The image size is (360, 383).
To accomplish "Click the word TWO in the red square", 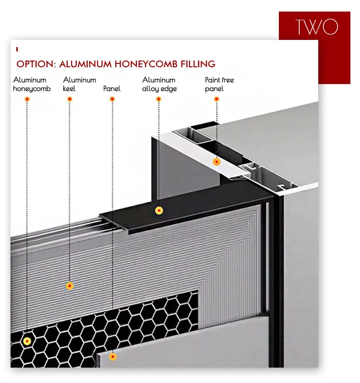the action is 317,26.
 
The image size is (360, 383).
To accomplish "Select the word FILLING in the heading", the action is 198,64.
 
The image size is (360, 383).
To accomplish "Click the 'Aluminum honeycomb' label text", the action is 32,84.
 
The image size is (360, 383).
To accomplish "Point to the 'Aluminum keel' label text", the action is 80,84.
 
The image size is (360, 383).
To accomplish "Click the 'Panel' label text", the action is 112,88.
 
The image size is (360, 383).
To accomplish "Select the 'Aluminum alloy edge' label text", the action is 159,84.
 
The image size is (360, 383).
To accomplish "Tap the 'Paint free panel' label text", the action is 219,84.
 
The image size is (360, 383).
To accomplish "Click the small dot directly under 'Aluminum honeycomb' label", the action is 27,99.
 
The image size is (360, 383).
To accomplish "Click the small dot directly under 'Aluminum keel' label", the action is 70,99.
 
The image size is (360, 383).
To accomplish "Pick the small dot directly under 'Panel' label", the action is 112,99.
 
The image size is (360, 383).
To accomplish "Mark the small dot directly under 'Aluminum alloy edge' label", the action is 158,99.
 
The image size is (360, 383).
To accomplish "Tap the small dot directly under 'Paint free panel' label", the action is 216,99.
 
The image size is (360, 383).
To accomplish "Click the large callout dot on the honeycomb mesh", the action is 27,341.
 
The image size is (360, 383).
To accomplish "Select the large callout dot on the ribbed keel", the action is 70,286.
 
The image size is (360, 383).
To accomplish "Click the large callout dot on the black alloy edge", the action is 159,210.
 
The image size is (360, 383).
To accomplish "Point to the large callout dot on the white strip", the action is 216,161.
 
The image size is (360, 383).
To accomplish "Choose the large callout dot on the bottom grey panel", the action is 112,357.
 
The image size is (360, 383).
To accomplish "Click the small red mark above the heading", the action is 17,49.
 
